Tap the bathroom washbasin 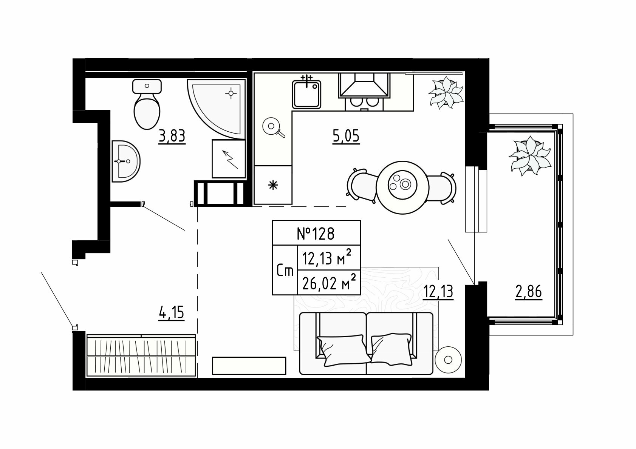pos(125,161)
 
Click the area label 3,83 pos(172,136)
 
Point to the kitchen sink pos(306,94)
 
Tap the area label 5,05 pos(346,136)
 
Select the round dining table pos(402,188)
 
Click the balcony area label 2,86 pos(529,292)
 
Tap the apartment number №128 pos(316,234)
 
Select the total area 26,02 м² pos(329,283)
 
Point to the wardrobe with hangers pos(141,356)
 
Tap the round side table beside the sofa pos(448,360)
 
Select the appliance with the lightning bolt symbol pos(229,159)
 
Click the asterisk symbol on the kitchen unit pos(273,185)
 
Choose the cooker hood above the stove pos(364,85)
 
